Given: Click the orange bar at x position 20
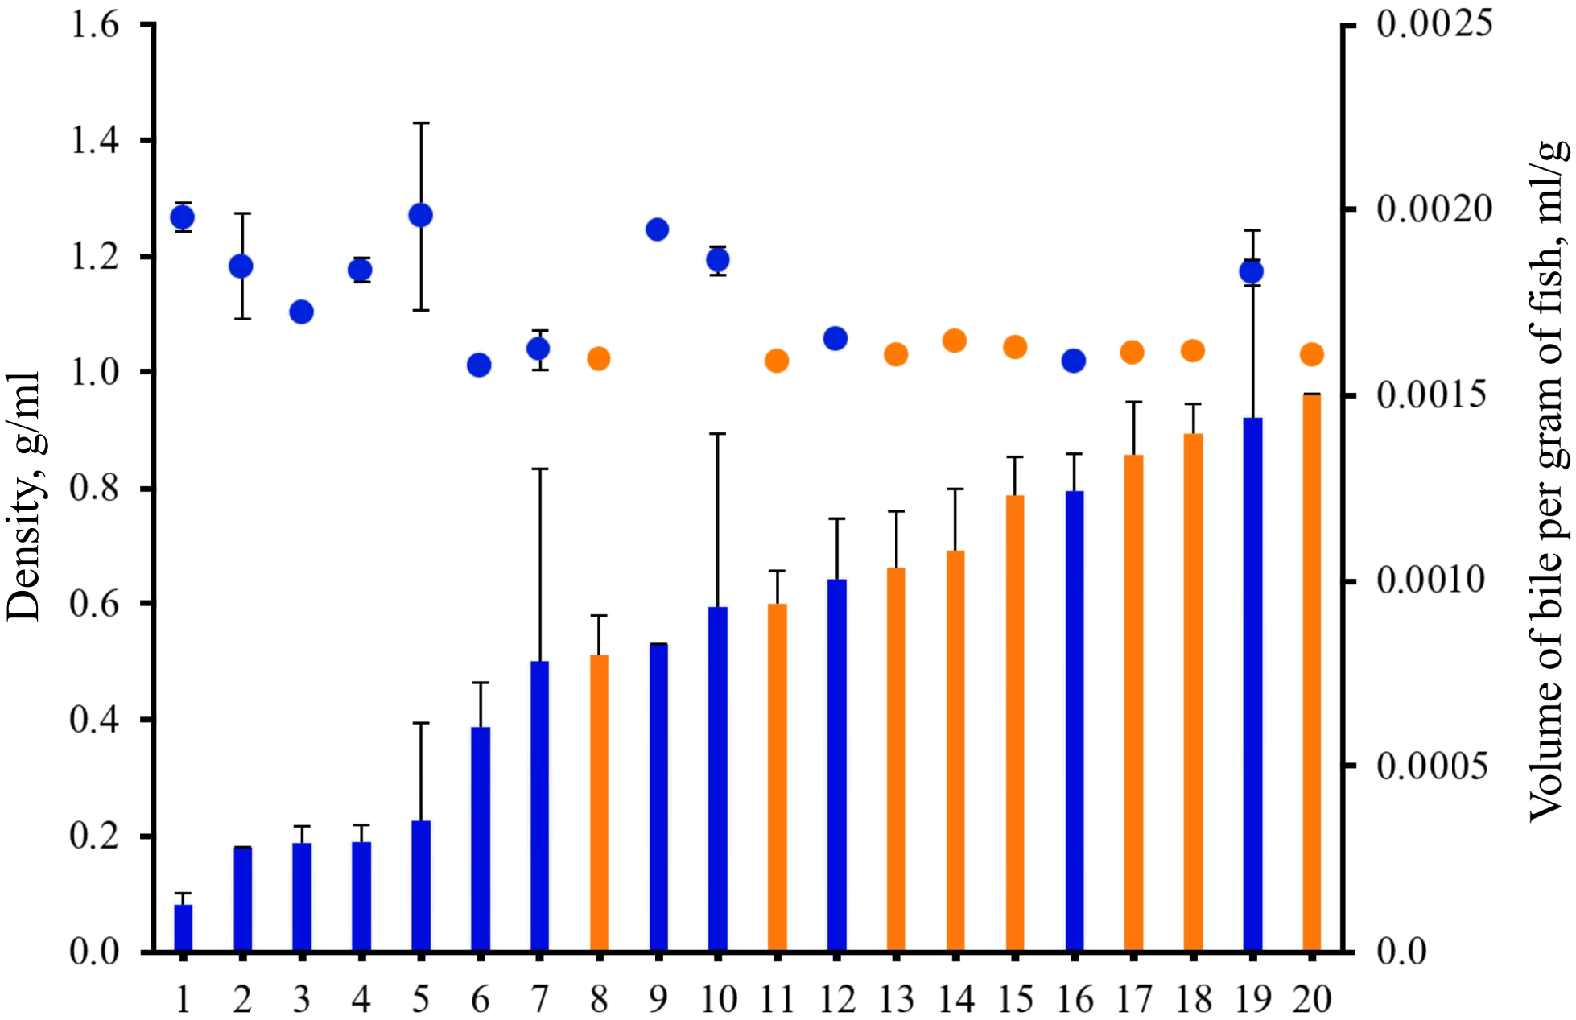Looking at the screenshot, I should pyautogui.click(x=1312, y=672).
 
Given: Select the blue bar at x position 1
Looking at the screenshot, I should pyautogui.click(x=184, y=927).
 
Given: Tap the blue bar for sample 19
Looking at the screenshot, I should pyautogui.click(x=1252, y=684).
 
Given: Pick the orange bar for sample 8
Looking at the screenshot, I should pyautogui.click(x=599, y=803).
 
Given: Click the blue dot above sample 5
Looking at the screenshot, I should pyautogui.click(x=420, y=215).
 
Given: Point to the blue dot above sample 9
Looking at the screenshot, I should pyautogui.click(x=658, y=229).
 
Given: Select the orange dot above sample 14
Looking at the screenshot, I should pyautogui.click(x=955, y=341).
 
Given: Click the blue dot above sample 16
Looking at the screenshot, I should pyautogui.click(x=1074, y=361).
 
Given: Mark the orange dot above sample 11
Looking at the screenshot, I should pyautogui.click(x=777, y=361).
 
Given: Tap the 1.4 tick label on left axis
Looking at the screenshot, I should pyautogui.click(x=95, y=141).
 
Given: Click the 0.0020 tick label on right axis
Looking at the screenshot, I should pyautogui.click(x=1434, y=209).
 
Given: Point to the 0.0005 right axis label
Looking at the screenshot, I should pyautogui.click(x=1432, y=766).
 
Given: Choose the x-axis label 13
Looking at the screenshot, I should pyautogui.click(x=896, y=1000).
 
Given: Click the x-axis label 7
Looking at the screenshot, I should pyautogui.click(x=539, y=1000).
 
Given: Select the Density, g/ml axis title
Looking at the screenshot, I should pyautogui.click(x=24, y=496).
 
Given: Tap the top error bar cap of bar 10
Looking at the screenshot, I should pyautogui.click(x=717, y=433).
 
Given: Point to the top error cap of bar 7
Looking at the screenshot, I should pyautogui.click(x=539, y=469).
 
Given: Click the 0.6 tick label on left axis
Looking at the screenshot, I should pyautogui.click(x=95, y=604).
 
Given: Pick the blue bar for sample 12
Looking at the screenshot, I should pyautogui.click(x=836, y=765).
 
